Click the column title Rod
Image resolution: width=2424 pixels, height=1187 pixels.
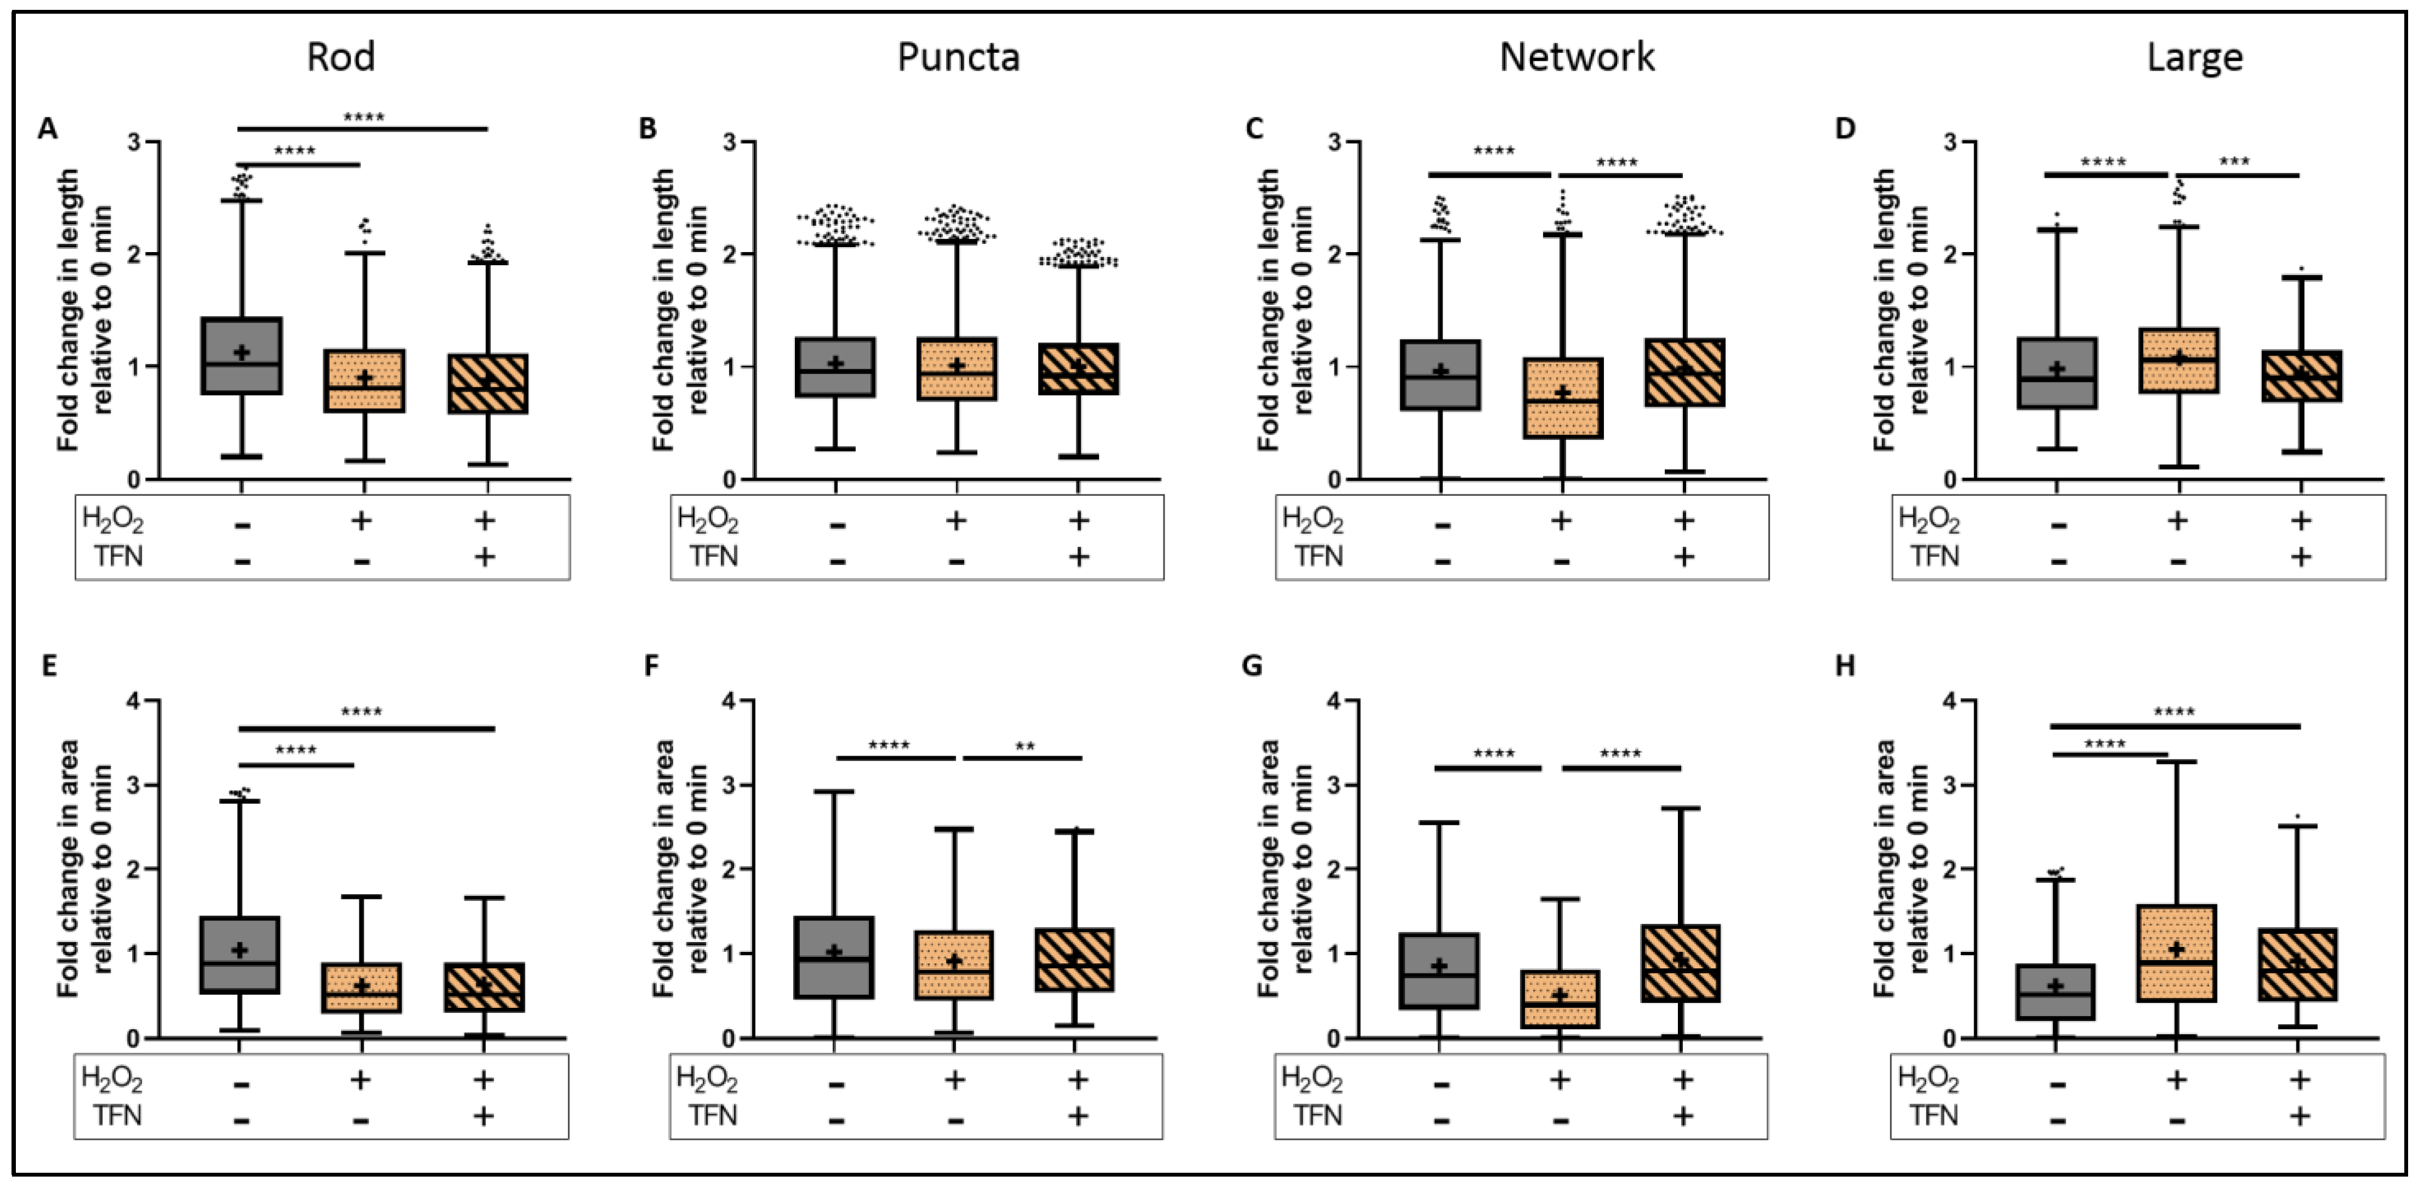pyautogui.click(x=341, y=56)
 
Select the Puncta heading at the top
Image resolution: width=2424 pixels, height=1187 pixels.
pyautogui.click(x=958, y=56)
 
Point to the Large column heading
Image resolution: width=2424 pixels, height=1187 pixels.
pyautogui.click(x=2194, y=56)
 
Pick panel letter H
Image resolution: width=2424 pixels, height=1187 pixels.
pyautogui.click(x=1846, y=665)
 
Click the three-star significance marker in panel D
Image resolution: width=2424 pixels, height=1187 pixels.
pyautogui.click(x=2234, y=162)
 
